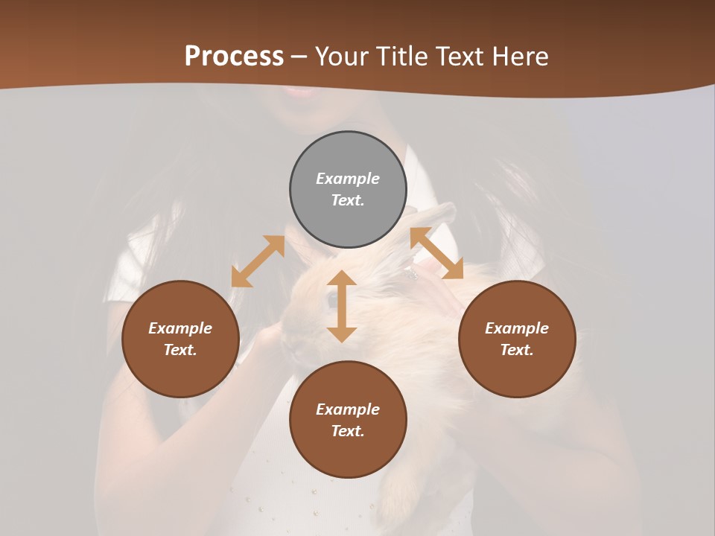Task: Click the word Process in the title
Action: [234, 57]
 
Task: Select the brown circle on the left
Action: [180, 339]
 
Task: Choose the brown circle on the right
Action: [517, 339]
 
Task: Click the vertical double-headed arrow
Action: [342, 306]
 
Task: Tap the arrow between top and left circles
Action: [258, 261]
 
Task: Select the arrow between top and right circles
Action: [436, 253]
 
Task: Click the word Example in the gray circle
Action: [348, 179]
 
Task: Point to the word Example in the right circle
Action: [517, 328]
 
